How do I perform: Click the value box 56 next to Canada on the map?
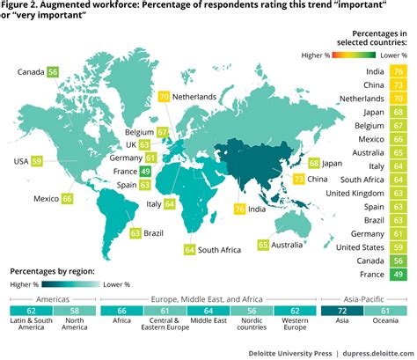click(x=53, y=72)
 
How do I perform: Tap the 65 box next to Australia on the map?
click(x=262, y=244)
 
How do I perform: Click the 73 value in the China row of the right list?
click(x=399, y=84)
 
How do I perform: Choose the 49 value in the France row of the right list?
click(x=399, y=276)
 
